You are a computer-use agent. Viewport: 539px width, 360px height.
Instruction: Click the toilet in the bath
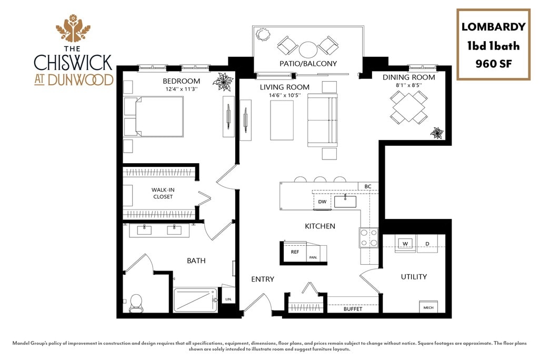click(136, 303)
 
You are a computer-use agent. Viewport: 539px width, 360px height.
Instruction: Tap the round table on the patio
click(308, 49)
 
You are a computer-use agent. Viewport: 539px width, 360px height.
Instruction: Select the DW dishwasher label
click(322, 202)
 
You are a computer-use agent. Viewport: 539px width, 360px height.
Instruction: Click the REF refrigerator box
click(295, 252)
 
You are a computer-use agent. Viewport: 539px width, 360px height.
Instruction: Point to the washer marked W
click(405, 244)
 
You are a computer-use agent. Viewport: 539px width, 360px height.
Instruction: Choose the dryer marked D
click(427, 244)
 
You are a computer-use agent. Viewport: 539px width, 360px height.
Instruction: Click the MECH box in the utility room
click(428, 307)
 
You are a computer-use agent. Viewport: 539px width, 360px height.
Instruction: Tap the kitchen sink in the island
click(345, 202)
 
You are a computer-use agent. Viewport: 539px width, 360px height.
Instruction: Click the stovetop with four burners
click(368, 238)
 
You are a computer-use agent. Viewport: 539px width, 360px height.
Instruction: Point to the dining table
click(409, 107)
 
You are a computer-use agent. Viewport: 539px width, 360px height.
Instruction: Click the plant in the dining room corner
click(437, 133)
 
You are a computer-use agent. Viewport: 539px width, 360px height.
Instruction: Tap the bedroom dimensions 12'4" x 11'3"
click(182, 89)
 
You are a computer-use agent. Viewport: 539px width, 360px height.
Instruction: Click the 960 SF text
click(494, 64)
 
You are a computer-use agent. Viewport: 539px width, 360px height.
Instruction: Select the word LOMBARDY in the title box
click(493, 27)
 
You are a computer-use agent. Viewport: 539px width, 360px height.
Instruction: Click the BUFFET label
click(353, 309)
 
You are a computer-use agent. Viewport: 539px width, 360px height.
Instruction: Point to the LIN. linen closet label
click(228, 299)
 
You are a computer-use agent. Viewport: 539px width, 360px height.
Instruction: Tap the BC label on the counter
click(368, 186)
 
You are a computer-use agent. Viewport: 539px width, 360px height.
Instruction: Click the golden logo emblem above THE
click(73, 28)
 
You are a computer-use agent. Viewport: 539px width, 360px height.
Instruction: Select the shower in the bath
click(195, 300)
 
